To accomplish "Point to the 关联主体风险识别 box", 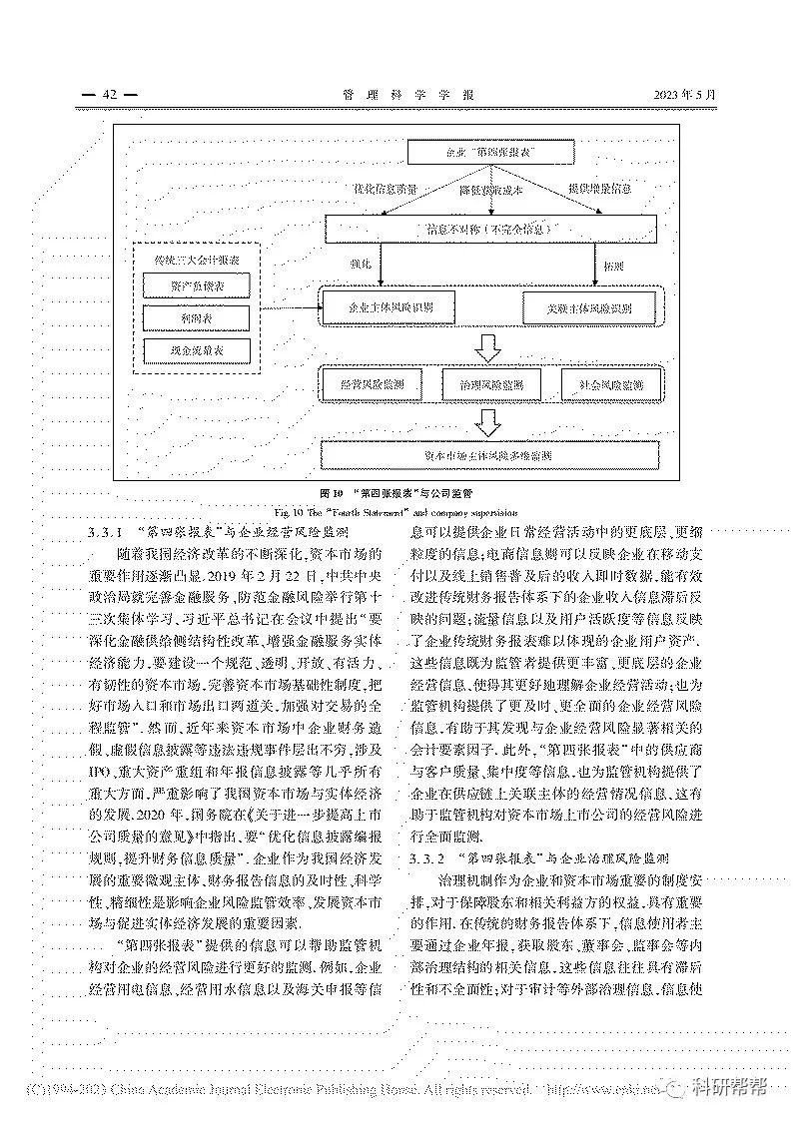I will tap(590, 306).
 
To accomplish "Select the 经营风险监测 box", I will tap(373, 383).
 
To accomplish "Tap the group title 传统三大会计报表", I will tap(196, 259).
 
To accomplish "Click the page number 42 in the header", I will tap(110, 95).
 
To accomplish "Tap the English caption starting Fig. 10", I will tap(396, 509).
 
